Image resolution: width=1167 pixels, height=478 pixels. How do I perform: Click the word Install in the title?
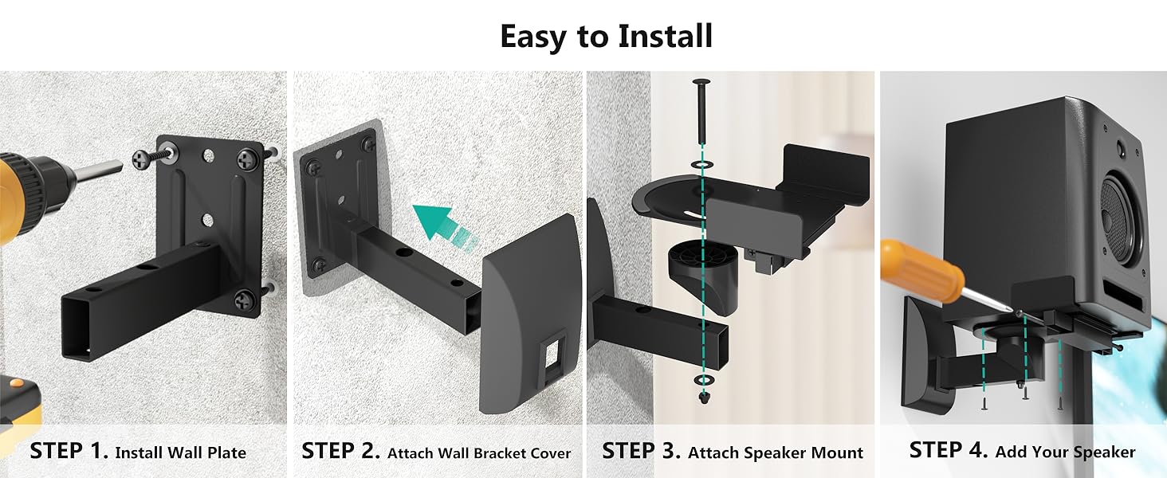tap(665, 36)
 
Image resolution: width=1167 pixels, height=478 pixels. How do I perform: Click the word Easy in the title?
tap(532, 37)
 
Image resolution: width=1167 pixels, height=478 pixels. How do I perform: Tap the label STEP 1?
tap(69, 451)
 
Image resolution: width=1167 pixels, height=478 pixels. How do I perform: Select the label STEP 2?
tap(340, 451)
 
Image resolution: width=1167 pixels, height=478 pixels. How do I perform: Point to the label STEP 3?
tap(642, 451)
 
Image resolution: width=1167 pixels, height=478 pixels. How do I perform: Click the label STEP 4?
tap(949, 450)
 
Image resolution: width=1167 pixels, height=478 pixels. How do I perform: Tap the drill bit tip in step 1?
tap(121, 166)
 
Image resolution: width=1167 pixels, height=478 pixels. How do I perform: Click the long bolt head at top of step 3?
tap(701, 82)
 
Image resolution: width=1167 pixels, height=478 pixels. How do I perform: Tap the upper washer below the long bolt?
tap(702, 165)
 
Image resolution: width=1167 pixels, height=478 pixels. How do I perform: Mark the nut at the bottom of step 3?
tap(704, 398)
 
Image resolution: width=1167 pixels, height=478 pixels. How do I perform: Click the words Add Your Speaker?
tap(1065, 452)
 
